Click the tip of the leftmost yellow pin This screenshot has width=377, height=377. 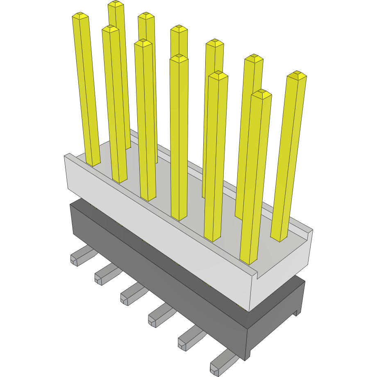[80, 16]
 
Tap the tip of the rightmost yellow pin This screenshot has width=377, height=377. [297, 75]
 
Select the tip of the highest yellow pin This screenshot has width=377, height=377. [116, 4]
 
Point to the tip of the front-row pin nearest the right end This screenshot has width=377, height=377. [261, 94]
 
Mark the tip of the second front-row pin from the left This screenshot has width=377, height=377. [110, 29]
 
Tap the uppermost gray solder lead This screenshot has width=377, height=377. [80, 256]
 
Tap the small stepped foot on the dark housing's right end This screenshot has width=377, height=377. [296, 313]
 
